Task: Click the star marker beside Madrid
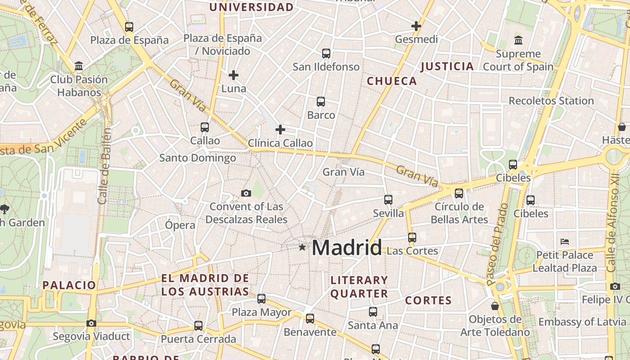coord(302,247)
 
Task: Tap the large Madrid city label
coord(346,247)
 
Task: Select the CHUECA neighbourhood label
coord(392,81)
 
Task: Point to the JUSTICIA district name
coord(447,67)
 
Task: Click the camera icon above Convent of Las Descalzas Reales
coord(246,193)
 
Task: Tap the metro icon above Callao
coord(205,127)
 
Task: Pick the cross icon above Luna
coord(234,75)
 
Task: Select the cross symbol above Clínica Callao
coord(280,130)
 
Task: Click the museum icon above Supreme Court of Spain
coord(518,40)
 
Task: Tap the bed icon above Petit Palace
coord(565,242)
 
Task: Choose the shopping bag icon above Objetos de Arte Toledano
coord(495,306)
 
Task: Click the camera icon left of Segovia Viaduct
coord(91,323)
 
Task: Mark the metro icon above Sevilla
coord(388,199)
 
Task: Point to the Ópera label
coord(180,225)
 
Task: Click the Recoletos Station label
coord(551,101)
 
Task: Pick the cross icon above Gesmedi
coord(416,26)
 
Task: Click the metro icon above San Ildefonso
coord(326,54)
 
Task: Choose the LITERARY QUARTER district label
coord(359,287)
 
